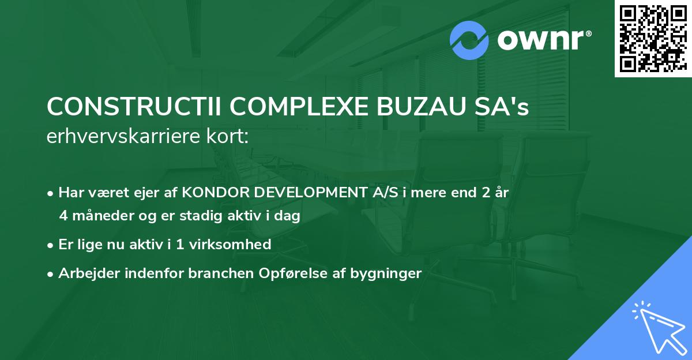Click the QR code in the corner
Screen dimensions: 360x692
[x=653, y=39]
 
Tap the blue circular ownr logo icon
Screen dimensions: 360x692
[x=469, y=40]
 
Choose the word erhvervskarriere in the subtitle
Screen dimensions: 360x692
[x=122, y=136]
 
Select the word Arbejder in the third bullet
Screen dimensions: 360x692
[x=84, y=273]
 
